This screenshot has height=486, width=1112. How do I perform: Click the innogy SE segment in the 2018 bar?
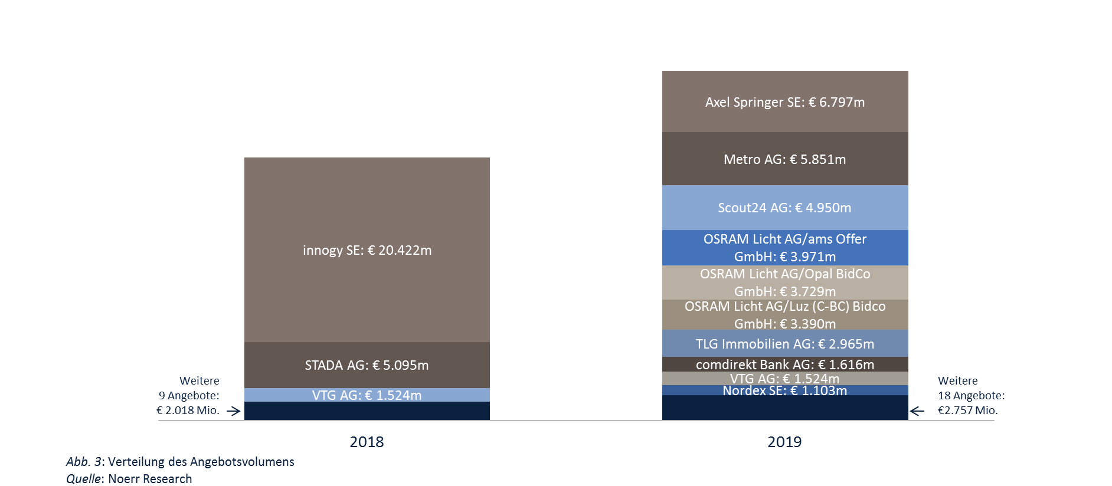tap(367, 250)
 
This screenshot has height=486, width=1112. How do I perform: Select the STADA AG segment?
tap(367, 365)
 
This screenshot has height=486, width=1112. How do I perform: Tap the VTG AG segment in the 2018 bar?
tap(367, 395)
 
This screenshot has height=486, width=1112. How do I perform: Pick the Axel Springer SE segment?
tap(784, 102)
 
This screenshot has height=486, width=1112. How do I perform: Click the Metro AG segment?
tap(784, 159)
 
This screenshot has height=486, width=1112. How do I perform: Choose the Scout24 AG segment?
tap(784, 208)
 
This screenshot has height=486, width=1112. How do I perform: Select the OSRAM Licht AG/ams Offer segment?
tap(784, 248)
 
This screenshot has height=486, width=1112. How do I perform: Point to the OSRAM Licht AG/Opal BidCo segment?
tap(784, 283)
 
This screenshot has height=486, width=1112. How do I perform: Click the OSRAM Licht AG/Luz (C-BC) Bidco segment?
tap(784, 315)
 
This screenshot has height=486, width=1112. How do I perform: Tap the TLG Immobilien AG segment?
tap(784, 344)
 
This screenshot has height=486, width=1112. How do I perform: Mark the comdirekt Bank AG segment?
tap(784, 364)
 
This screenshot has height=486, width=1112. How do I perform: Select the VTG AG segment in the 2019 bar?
tap(784, 379)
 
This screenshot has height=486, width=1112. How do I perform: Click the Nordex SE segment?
tap(784, 390)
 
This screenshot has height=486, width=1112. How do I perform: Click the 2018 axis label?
tap(367, 442)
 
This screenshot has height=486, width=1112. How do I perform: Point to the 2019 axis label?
tap(784, 442)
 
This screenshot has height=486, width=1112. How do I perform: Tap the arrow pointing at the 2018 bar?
tap(234, 411)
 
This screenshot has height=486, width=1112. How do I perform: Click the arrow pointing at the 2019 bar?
tap(917, 411)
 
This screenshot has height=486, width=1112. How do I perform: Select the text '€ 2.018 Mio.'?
tap(188, 411)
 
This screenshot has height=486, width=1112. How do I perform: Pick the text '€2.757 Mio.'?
tap(967, 411)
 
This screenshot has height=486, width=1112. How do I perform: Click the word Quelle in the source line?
tap(83, 479)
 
